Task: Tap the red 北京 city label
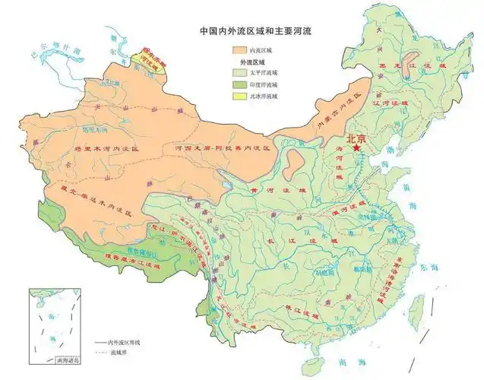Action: (x=356, y=138)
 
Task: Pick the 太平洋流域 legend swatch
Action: (x=242, y=74)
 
